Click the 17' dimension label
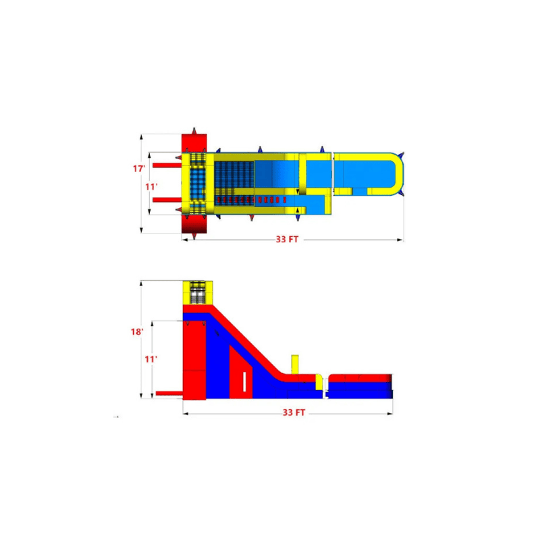point(139,169)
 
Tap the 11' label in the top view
point(151,187)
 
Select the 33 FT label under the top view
point(287,240)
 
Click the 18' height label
point(137,332)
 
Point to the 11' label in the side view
point(151,360)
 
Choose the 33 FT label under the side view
point(294,412)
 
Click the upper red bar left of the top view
point(167,165)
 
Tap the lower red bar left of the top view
point(167,200)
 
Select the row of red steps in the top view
point(251,200)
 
